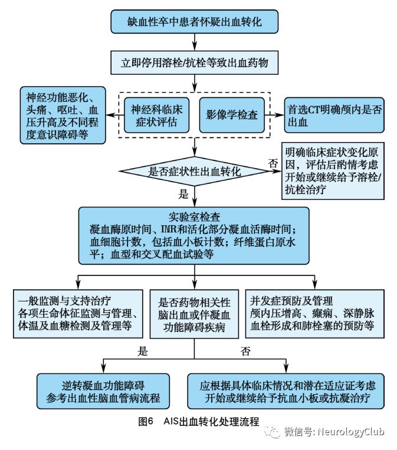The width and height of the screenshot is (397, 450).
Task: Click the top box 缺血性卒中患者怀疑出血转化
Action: click(194, 23)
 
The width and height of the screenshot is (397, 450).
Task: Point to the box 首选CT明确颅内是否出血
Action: click(334, 116)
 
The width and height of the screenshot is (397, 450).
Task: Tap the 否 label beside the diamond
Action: click(273, 163)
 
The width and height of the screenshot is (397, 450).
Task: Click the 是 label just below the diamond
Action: click(183, 193)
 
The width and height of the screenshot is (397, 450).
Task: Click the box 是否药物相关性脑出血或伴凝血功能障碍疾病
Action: click(194, 313)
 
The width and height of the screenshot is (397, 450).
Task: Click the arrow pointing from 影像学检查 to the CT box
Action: click(274, 114)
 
